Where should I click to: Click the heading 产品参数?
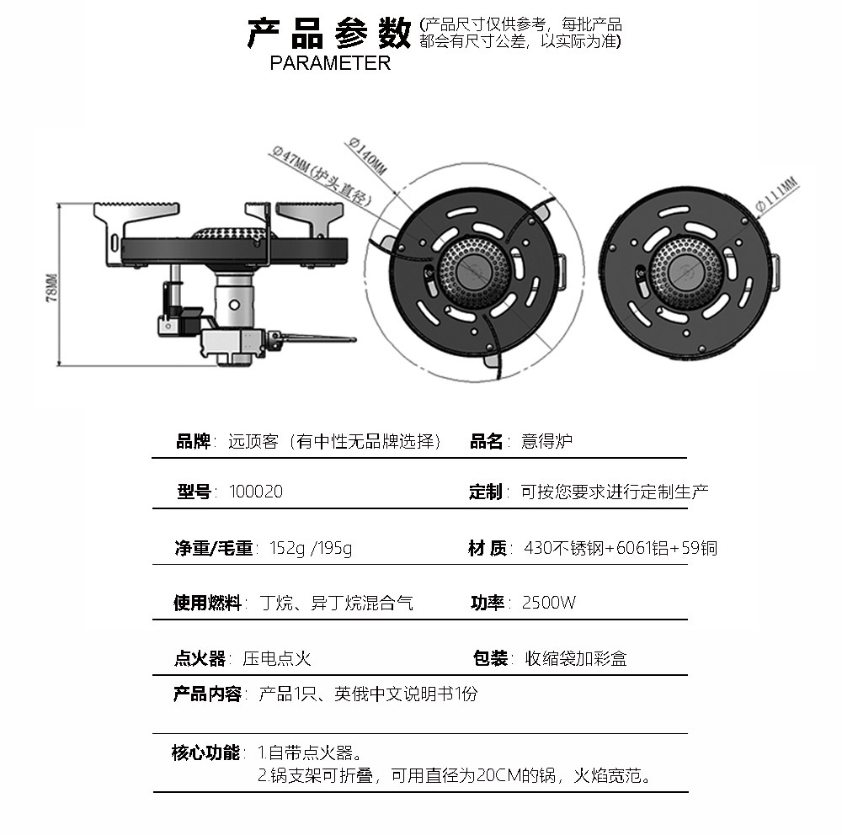point(328,33)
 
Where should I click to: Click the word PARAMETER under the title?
point(330,63)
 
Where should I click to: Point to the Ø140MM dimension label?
point(368,156)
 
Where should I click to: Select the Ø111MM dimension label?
point(776,194)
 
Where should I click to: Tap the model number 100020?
point(256,492)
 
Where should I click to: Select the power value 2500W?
point(549,603)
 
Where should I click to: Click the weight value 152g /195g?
point(310,548)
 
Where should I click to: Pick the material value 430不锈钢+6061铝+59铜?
point(620,548)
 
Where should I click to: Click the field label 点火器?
point(200,658)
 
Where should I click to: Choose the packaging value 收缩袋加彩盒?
point(576,658)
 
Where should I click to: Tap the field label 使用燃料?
point(207,603)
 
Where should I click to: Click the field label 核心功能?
point(205,753)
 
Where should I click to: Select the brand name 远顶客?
point(253,441)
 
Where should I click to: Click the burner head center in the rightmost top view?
point(690,273)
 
